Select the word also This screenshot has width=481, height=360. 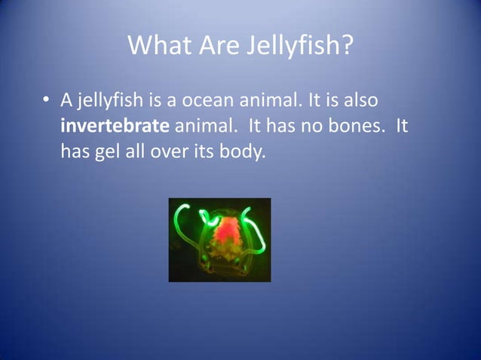360,100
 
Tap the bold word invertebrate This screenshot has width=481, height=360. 115,127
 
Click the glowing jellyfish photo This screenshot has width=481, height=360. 219,239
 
